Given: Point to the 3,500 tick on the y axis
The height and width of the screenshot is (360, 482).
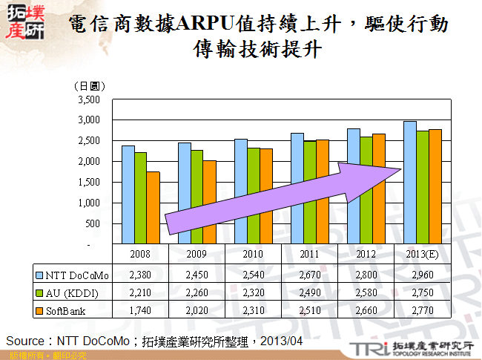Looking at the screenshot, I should (88, 99).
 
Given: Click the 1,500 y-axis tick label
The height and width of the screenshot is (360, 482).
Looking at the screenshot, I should (88, 182).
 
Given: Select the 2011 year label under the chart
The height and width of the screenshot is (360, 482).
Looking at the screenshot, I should (309, 254).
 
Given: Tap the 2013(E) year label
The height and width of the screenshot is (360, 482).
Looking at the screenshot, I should (423, 254).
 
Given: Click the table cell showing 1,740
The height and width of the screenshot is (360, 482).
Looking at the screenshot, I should (140, 308).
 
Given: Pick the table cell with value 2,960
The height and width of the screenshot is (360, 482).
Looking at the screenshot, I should (422, 275).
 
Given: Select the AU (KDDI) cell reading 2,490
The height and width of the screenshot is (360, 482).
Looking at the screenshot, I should (309, 292).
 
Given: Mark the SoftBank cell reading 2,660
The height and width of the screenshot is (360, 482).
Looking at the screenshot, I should (366, 308).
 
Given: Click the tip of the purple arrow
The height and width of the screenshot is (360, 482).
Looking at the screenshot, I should (400, 170).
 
